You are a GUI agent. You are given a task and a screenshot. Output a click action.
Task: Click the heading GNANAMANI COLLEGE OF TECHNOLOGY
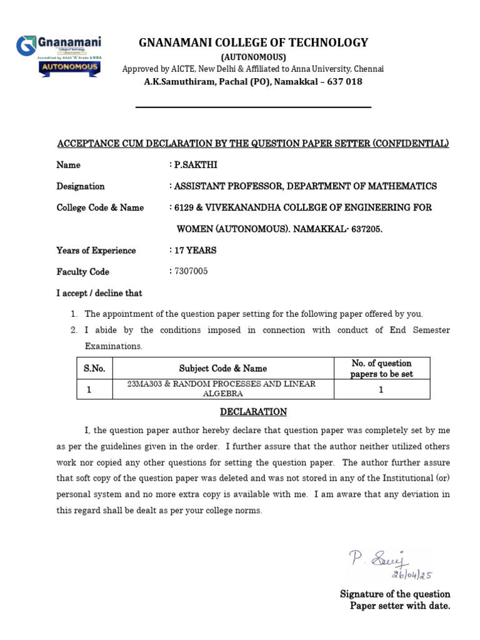253,42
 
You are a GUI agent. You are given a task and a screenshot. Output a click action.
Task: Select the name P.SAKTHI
196,165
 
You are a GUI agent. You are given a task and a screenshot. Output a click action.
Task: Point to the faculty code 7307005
191,271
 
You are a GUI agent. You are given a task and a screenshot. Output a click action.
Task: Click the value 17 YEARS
196,250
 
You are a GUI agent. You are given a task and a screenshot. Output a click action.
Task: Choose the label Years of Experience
96,251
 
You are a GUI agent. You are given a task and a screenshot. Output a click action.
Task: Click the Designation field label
81,186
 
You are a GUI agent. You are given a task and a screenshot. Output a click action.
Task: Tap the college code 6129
185,207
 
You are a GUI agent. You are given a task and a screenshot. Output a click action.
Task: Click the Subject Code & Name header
222,369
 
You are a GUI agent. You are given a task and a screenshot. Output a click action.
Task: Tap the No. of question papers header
381,369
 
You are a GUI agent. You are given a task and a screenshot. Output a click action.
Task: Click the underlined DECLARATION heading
253,412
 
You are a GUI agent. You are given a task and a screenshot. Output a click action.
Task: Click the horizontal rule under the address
253,107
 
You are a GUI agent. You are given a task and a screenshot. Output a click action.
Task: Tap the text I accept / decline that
99,293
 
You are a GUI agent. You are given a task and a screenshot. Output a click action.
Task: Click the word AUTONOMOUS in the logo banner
69,66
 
